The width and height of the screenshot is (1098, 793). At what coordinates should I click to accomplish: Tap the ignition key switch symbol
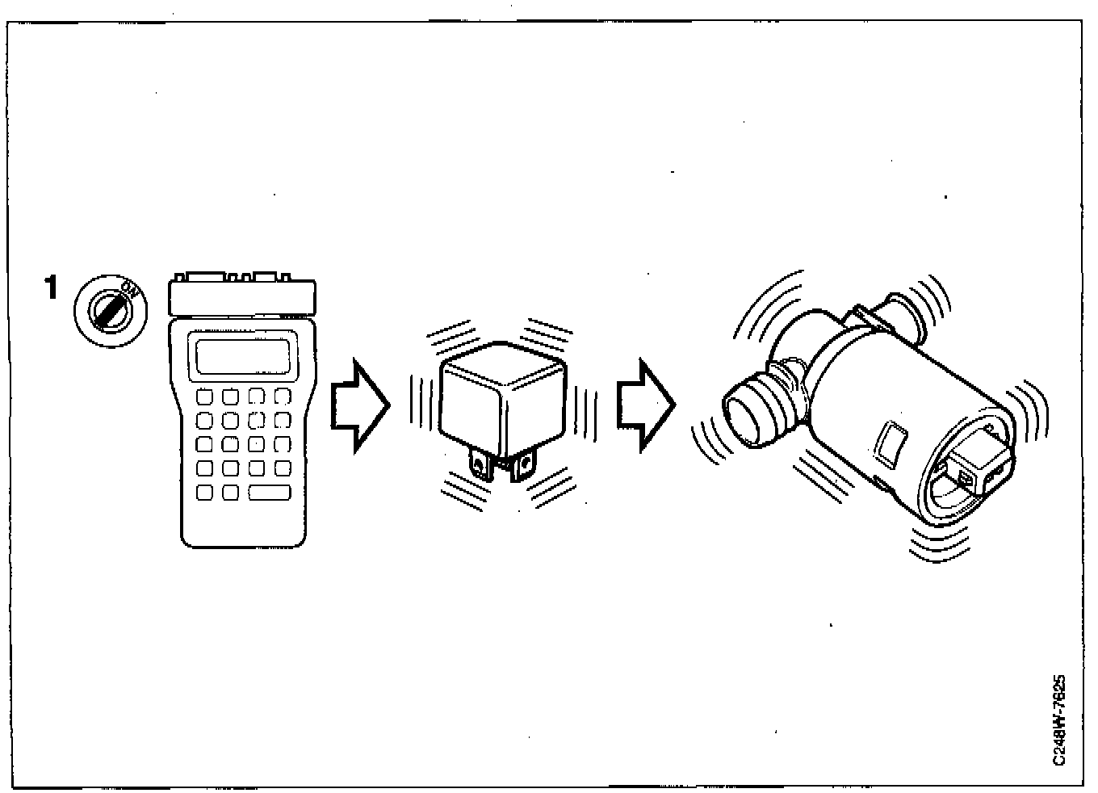[x=110, y=308]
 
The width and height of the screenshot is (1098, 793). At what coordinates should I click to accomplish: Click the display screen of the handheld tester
[x=243, y=356]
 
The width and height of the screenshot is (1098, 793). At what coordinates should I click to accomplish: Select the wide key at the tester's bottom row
[x=270, y=492]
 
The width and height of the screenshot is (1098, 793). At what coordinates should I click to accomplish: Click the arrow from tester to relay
[x=360, y=405]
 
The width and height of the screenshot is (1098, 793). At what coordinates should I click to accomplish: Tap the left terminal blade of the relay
[x=481, y=466]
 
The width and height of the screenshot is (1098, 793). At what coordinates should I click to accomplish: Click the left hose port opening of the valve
[x=745, y=412]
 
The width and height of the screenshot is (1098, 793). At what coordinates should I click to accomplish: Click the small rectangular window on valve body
[x=889, y=443]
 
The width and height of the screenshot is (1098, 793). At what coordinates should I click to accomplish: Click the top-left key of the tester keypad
[x=205, y=396]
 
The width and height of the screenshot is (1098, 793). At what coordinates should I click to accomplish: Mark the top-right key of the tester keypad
[x=283, y=396]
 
